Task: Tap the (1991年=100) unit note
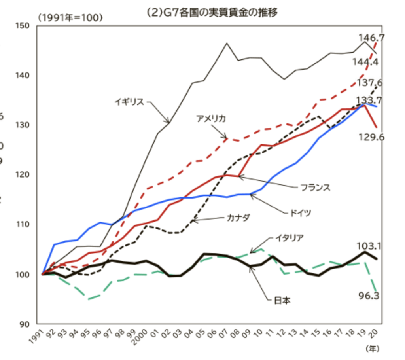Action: tap(70, 17)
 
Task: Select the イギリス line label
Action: tap(130, 102)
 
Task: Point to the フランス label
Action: tap(315, 187)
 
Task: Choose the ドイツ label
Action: tap(299, 213)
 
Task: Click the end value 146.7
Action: tap(372, 38)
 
